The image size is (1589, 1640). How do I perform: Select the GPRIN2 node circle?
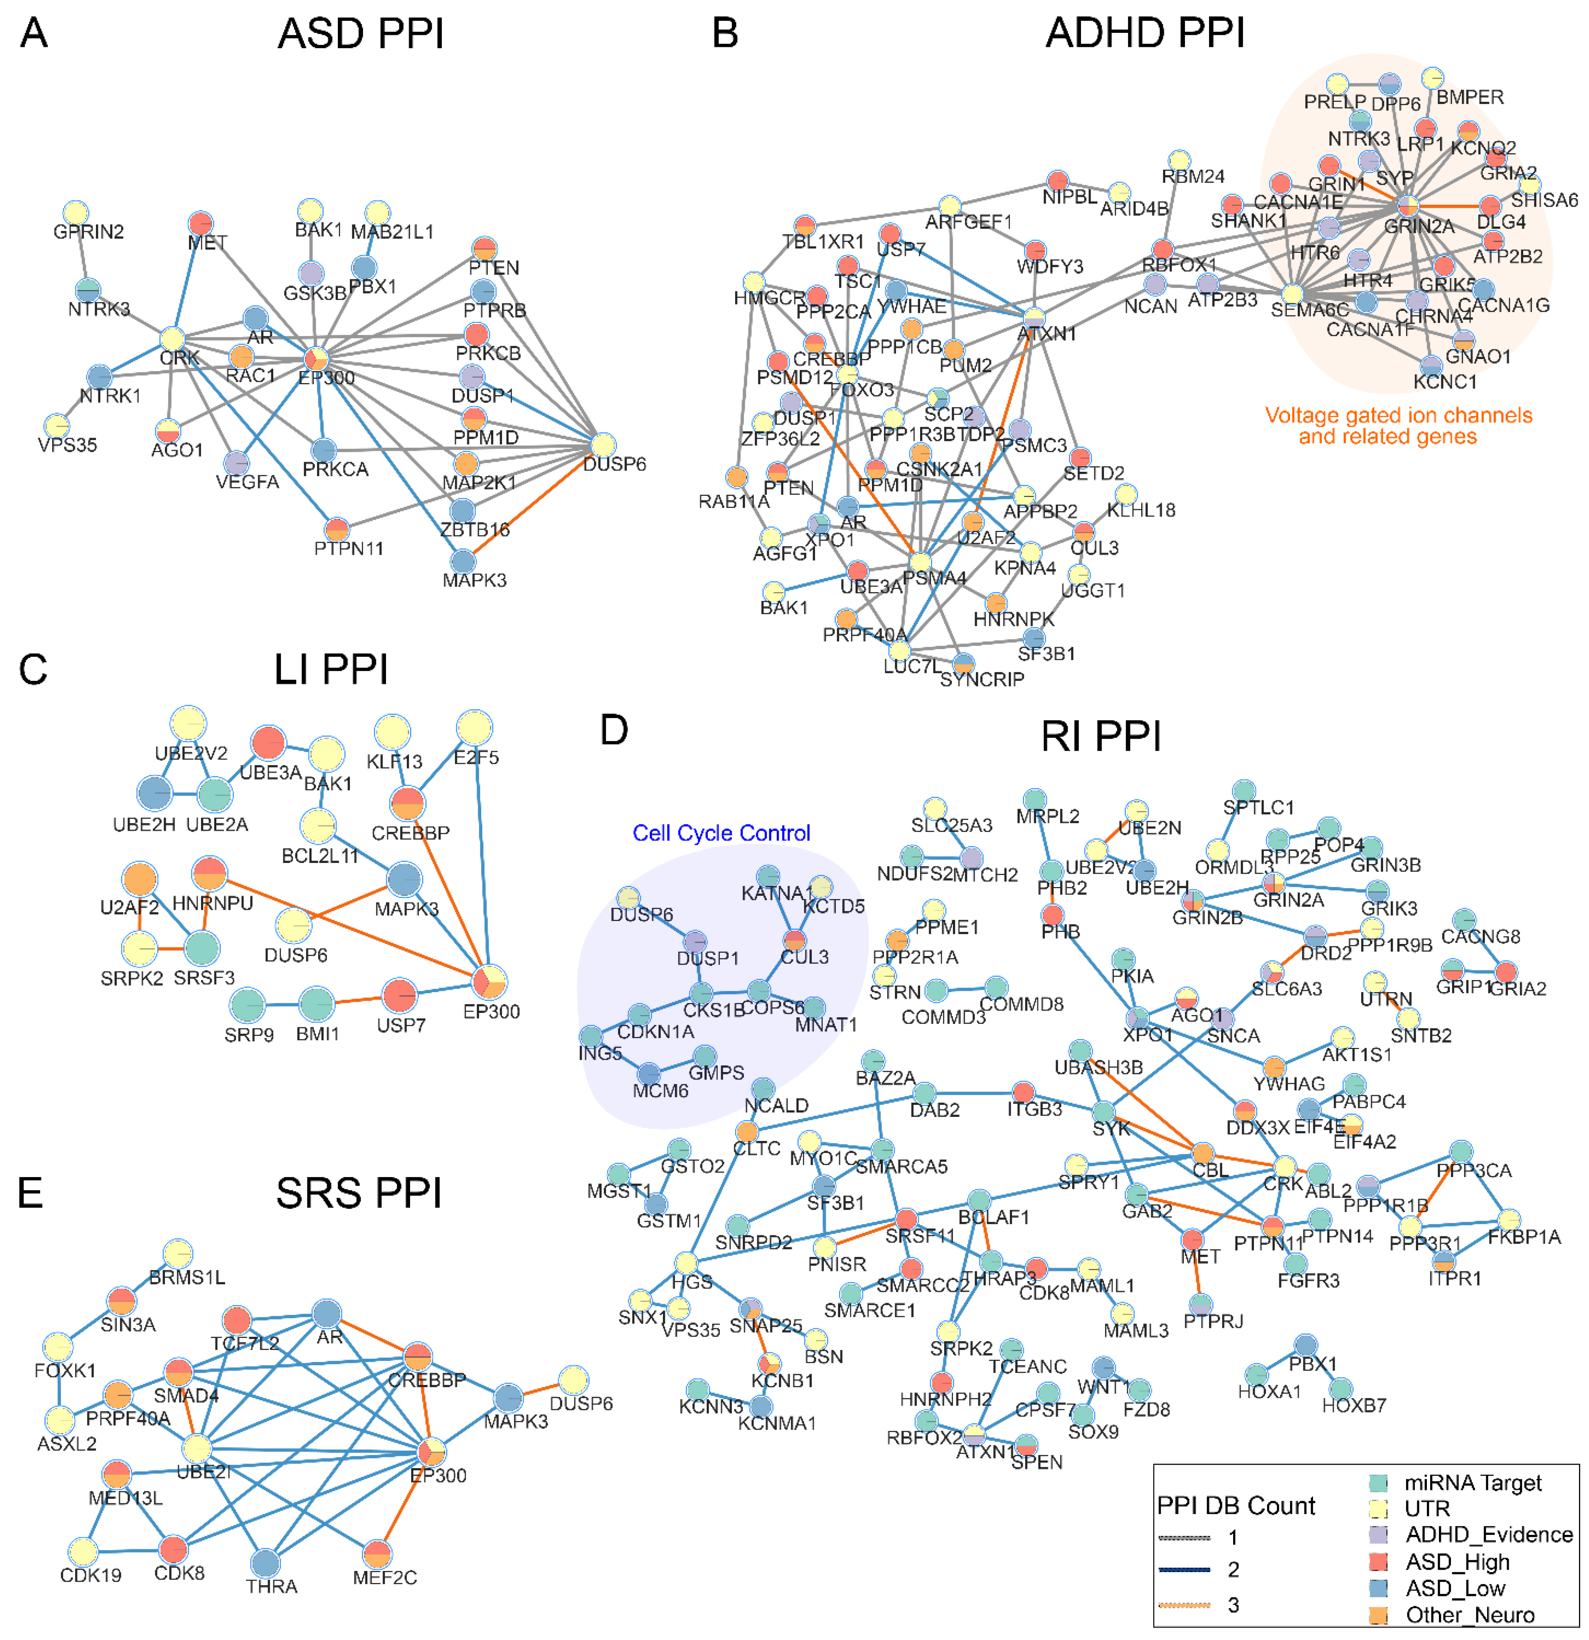pyautogui.click(x=76, y=213)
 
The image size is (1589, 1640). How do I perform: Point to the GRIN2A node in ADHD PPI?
pyautogui.click(x=1408, y=206)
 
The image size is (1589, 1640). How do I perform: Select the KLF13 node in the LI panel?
pyautogui.click(x=392, y=732)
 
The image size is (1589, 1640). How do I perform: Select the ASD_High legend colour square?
pyautogui.click(x=1378, y=1561)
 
